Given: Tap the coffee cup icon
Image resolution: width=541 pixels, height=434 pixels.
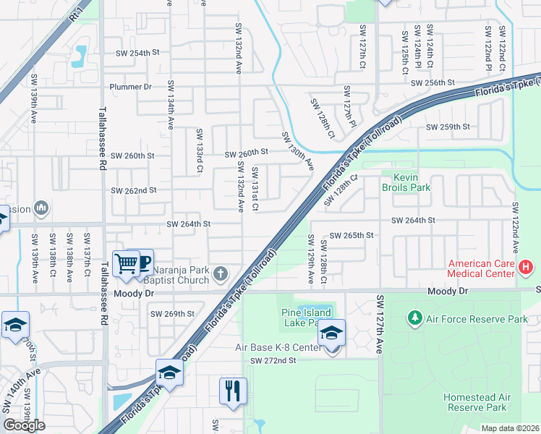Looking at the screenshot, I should point(143,263).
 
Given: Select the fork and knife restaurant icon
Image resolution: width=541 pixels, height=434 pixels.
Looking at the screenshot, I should point(233,391).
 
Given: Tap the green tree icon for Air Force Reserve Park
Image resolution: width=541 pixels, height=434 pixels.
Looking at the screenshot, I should point(415,318).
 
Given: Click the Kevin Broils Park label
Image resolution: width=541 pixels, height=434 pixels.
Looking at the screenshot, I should point(411,182).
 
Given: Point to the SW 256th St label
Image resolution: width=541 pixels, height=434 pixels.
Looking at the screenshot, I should point(433,84).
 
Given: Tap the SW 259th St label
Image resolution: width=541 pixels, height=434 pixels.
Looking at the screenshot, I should point(448,127).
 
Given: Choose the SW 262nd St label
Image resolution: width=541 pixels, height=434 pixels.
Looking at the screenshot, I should point(133,191).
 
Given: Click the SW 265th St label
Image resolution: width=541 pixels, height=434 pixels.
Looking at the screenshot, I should point(352,236).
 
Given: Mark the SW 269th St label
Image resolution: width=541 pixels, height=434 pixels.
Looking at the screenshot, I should point(172,313).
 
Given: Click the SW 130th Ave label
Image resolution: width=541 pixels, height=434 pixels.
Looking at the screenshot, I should point(297,151).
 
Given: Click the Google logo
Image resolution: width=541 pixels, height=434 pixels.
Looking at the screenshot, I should point(24,425).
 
